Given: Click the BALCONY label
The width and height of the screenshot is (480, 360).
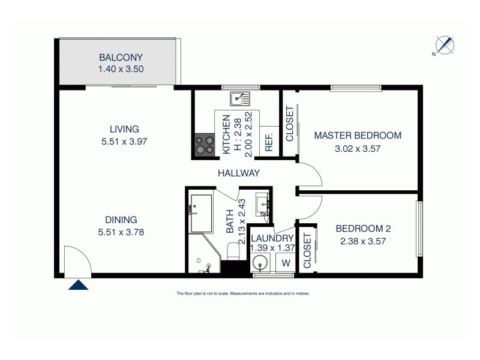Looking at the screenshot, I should tap(121, 58).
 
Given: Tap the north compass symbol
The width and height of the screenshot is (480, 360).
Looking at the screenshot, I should tap(444, 46).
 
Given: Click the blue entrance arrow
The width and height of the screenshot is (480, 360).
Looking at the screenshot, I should tap(78, 285).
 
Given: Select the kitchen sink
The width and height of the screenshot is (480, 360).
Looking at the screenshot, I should tap(241, 96).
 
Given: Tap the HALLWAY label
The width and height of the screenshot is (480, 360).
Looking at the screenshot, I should tap(239, 173).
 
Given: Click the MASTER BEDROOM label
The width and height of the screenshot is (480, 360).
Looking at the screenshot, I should tap(358, 136).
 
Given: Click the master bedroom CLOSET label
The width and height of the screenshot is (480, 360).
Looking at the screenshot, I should tap(289, 124).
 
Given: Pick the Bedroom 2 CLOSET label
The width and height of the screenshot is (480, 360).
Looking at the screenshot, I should tap(307, 251).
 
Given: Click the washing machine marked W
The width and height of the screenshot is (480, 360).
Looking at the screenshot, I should tap(286, 262).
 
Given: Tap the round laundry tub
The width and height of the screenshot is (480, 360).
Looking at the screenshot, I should tap(260, 262).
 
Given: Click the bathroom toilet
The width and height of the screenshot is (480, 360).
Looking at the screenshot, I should tap(233, 251).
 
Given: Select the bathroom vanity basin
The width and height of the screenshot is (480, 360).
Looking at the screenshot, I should tap(262, 203).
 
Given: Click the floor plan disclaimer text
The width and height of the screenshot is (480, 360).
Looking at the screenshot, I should tap(242, 294).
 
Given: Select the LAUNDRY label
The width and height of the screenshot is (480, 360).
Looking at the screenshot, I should tap(272, 238).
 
